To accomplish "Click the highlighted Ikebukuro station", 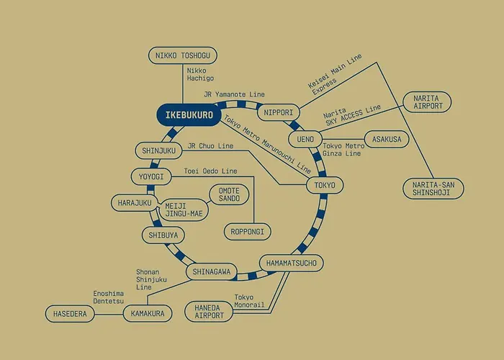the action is pos(189,114).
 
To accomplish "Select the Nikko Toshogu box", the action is pos(183,55).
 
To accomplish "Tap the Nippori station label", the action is pos(279,112).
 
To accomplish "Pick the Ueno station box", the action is pos(305,139).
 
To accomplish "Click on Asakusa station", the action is pos(387,139).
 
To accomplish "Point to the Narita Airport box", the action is pos(427,102).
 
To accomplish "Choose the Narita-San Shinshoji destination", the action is pos(433,189).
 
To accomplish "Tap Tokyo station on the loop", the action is pos(325,185).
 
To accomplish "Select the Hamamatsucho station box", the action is pos(291,264).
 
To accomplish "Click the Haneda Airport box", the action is pos(209,312).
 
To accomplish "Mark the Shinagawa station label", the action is pos(212,272).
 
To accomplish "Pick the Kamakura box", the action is pos(148,313).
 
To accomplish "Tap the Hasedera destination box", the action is pos(70,314).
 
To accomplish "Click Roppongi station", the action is pos(247,232).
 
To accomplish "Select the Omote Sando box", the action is pos(229,194).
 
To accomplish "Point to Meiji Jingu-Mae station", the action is pos(184,210).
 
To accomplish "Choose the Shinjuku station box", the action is pos(159,150).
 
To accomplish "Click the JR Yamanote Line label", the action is pos(234,94).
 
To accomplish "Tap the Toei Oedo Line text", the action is pos(210,171).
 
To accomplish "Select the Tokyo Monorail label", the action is pos(249,301).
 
